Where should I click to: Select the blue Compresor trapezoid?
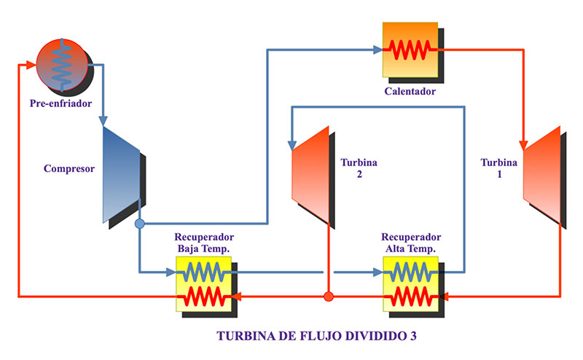pyautogui.click(x=120, y=175)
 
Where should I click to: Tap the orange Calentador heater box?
pyautogui.click(x=410, y=49)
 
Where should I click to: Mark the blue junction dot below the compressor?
pyautogui.click(x=140, y=224)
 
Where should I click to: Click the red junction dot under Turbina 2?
pyautogui.click(x=329, y=297)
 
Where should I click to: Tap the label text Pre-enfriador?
pyautogui.click(x=60, y=103)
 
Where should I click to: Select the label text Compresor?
pyautogui.click(x=69, y=169)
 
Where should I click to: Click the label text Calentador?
pyautogui.click(x=410, y=92)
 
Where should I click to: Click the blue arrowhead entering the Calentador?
pyautogui.click(x=378, y=50)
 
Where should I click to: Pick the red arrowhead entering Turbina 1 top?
pyautogui.click(x=524, y=142)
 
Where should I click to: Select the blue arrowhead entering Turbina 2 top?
pyautogui.click(x=291, y=139)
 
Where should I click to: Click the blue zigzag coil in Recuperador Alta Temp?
pyautogui.click(x=411, y=273)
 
